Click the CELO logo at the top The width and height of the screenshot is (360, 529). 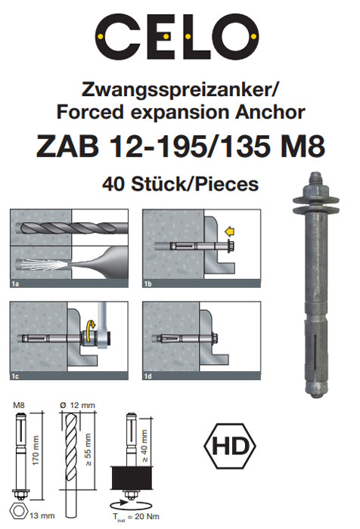click(x=177, y=36)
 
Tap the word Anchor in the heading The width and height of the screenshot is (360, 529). click(x=270, y=112)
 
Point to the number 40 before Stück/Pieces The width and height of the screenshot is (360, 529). click(x=113, y=184)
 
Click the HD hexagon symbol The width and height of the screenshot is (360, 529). click(x=230, y=446)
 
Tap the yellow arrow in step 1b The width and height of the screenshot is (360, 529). click(x=230, y=232)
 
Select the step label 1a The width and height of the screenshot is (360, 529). click(x=15, y=283)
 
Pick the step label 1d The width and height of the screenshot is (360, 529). click(x=148, y=376)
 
